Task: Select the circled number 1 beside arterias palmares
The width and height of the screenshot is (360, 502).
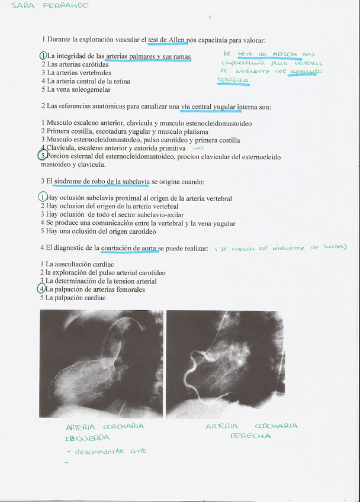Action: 43,56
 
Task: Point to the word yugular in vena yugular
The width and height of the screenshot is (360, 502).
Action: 221,223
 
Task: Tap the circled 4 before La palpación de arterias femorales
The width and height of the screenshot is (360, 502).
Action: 41,289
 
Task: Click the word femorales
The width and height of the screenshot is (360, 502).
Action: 129,289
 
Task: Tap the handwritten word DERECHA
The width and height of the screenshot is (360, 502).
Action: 250,436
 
